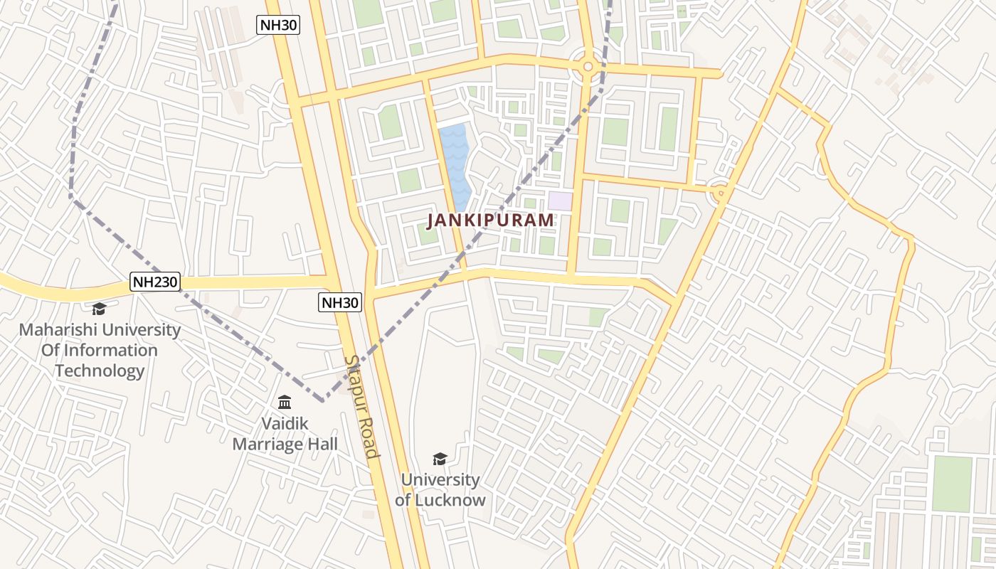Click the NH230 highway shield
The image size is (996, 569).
pos(155,282)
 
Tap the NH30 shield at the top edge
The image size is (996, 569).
pos(277,26)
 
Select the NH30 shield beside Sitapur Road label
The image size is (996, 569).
pos(339,302)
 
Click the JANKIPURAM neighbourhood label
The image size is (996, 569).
pos(490,220)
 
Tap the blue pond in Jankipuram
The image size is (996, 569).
pos(455,166)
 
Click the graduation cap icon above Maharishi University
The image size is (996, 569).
pos(99,309)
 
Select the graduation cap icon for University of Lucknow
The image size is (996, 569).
pos(440,459)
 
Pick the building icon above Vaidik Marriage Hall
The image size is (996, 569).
pos(285,402)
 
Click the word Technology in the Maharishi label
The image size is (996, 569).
pos(100,371)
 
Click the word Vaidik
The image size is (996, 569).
pos(285,424)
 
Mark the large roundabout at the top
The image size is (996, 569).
pos(588,67)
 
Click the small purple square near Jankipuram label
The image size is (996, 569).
pos(560,201)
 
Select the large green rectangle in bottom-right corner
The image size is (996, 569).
pos(952,484)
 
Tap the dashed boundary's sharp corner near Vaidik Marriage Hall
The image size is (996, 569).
pos(323,400)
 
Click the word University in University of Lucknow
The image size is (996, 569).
pos(440,480)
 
